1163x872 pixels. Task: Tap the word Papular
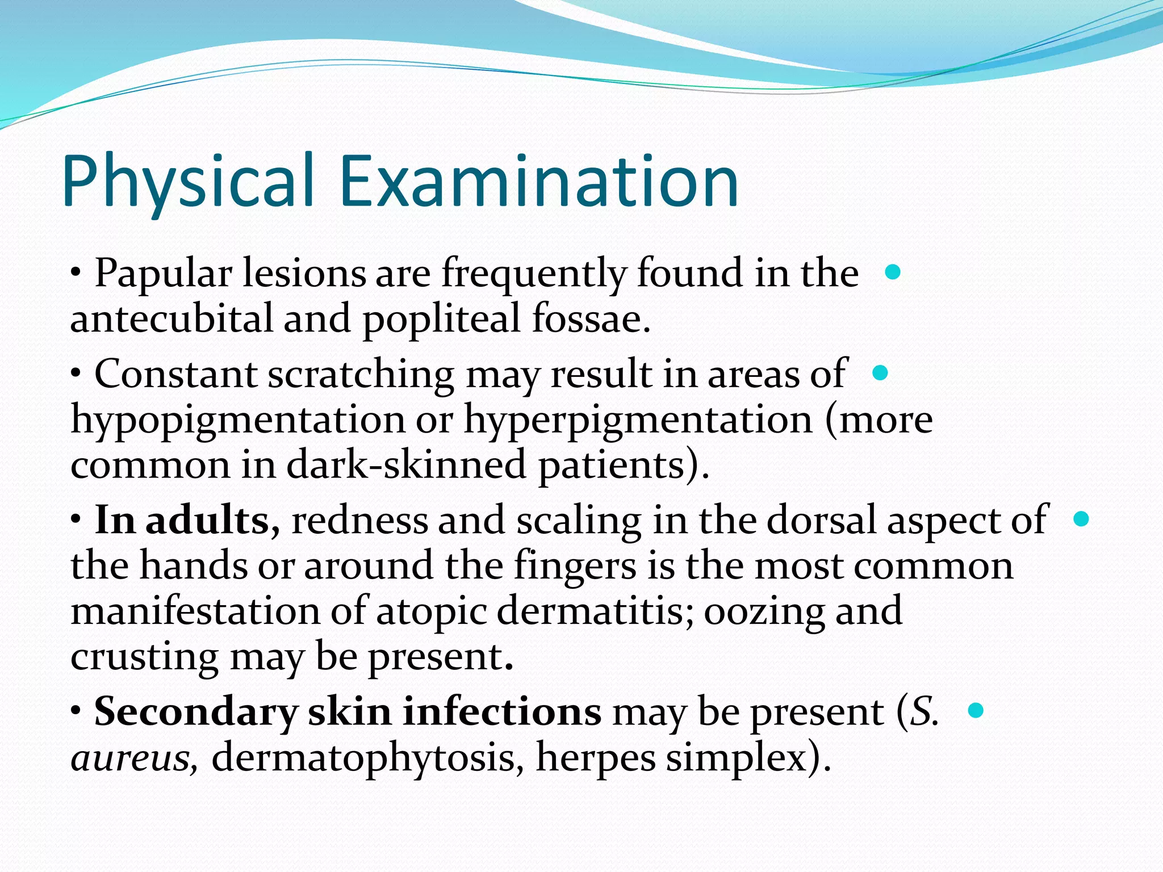click(163, 274)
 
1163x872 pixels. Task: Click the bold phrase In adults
click(182, 520)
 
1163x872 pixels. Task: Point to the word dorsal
click(821, 520)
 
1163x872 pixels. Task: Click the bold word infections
click(502, 712)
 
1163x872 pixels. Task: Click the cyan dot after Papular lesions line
click(893, 272)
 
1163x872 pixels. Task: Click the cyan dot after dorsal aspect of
click(1081, 519)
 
